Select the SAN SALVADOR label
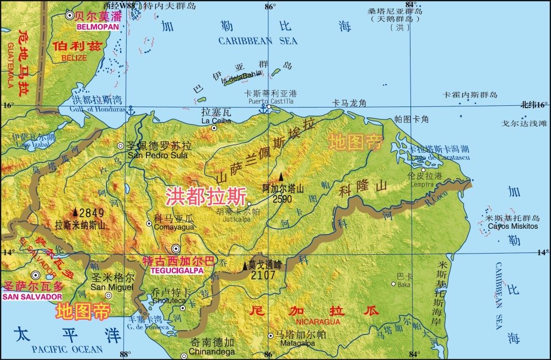click(x=33, y=296)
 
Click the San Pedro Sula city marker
click(x=121, y=146)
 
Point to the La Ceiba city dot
click(x=214, y=128)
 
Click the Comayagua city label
click(x=174, y=227)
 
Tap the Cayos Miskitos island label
click(x=512, y=226)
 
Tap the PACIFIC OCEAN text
click(x=67, y=349)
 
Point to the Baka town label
click(x=404, y=284)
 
